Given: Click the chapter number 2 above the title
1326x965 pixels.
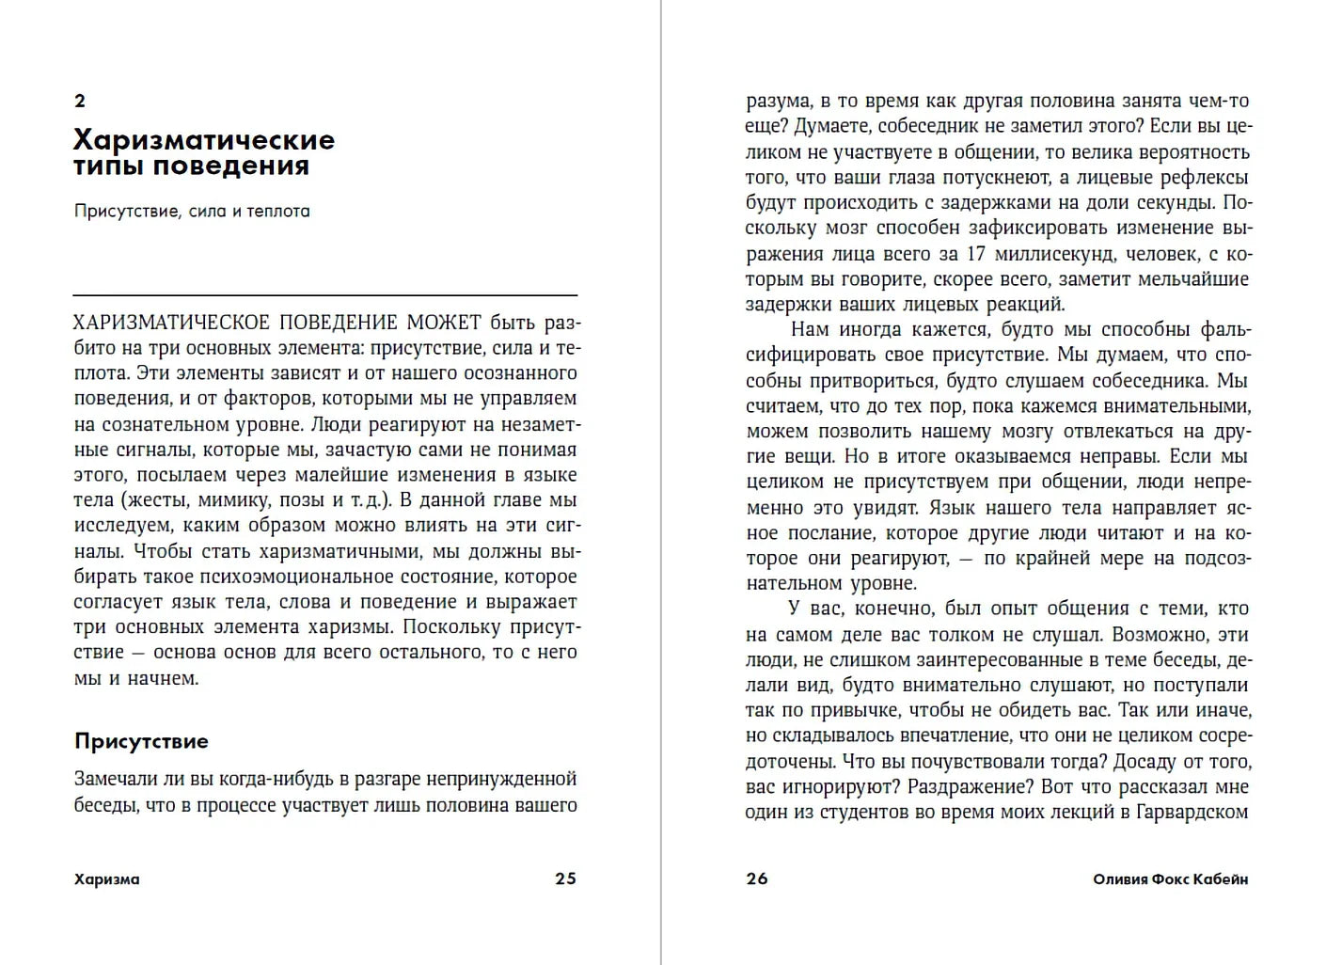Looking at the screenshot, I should click(x=80, y=101).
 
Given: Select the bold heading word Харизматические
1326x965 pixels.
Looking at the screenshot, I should click(x=204, y=140).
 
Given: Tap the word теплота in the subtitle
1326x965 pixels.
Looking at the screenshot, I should click(x=278, y=211).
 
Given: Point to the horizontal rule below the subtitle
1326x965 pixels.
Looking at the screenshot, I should click(x=325, y=295).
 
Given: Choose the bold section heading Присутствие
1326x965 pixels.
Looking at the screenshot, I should click(x=141, y=741).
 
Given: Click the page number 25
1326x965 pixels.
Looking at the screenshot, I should click(x=565, y=878).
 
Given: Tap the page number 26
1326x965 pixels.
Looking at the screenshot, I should click(x=757, y=878).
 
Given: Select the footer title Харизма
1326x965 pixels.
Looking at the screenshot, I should click(x=106, y=879).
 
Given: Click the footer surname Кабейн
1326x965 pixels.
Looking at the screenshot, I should click(x=1221, y=879).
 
